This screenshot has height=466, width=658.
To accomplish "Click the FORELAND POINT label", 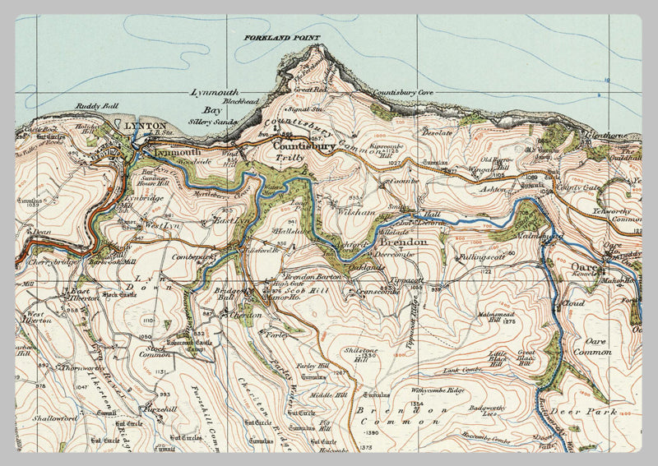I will click(280, 38).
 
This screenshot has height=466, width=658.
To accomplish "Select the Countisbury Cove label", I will click(402, 93).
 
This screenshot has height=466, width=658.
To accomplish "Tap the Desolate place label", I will click(438, 131).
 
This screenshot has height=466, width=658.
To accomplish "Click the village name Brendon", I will click(402, 243).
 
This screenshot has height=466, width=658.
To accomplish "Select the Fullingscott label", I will click(484, 257).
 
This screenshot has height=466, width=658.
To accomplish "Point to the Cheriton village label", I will click(244, 314).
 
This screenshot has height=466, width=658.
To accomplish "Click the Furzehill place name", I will click(159, 408).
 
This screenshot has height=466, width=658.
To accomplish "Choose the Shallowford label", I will click(57, 418).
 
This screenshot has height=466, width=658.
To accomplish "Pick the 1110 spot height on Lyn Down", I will click(148, 320).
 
